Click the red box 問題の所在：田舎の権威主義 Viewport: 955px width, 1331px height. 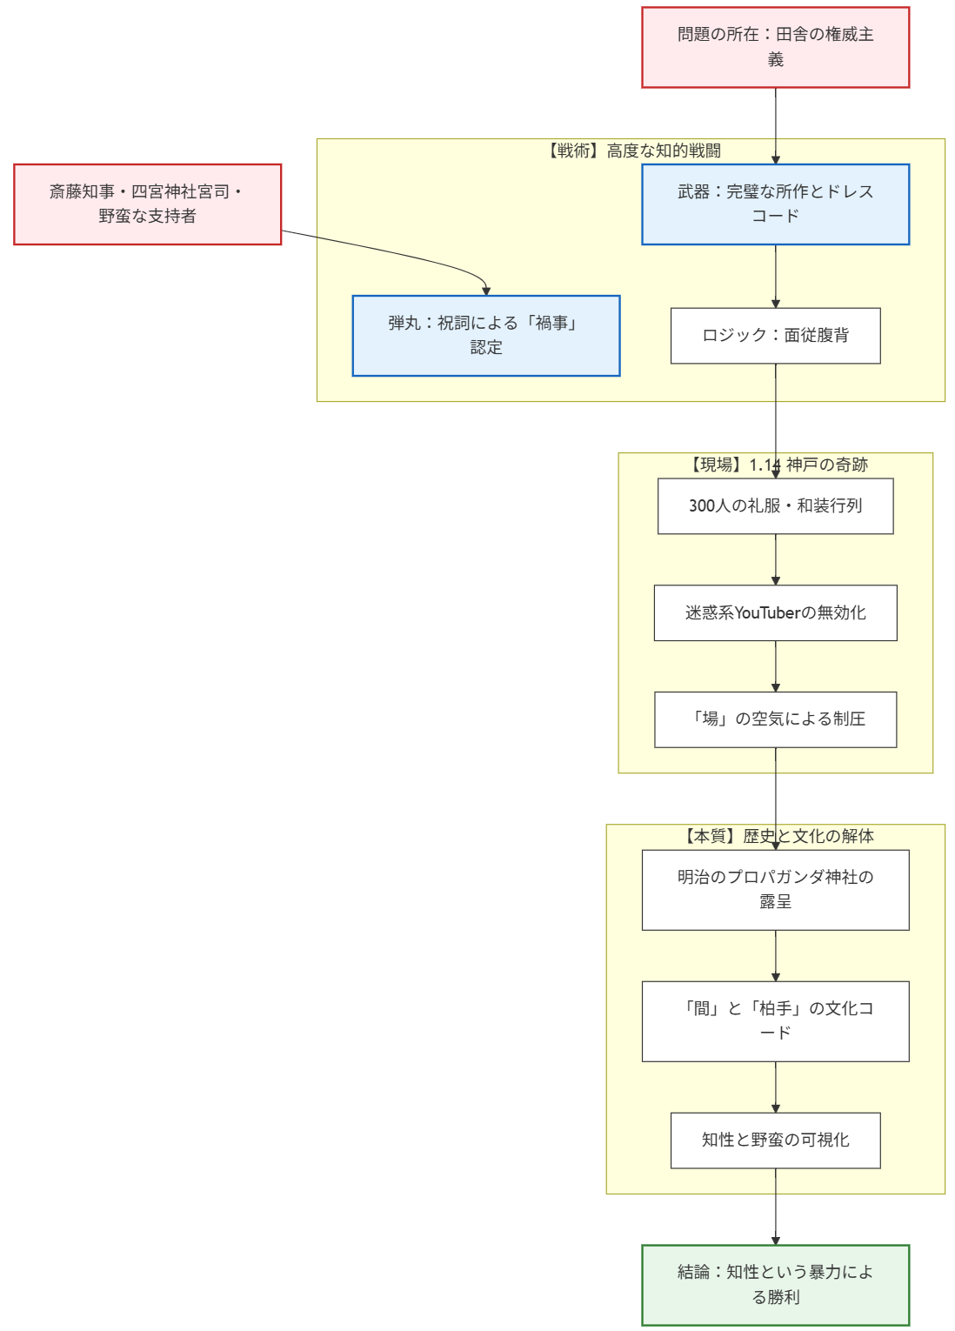pyautogui.click(x=775, y=47)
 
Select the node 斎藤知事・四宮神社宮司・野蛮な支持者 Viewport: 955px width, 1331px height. pyautogui.click(x=147, y=204)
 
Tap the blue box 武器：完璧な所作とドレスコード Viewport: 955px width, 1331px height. pyautogui.click(x=775, y=204)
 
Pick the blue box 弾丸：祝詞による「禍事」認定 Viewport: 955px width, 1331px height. pyautogui.click(x=485, y=335)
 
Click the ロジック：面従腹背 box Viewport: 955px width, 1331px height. pyautogui.click(x=775, y=335)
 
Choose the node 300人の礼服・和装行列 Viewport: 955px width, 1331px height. pyautogui.click(x=775, y=505)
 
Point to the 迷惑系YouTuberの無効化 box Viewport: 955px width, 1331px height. pyautogui.click(x=775, y=612)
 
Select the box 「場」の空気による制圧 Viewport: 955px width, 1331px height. pyautogui.click(x=775, y=719)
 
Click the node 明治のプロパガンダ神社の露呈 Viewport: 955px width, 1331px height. pyautogui.click(x=775, y=889)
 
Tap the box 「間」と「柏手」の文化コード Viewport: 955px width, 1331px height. pyautogui.click(x=775, y=1020)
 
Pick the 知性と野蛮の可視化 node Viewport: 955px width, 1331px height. pyautogui.click(x=775, y=1140)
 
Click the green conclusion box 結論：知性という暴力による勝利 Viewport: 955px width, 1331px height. pyautogui.click(x=775, y=1284)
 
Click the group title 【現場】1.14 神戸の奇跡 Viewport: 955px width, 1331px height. pyautogui.click(x=776, y=465)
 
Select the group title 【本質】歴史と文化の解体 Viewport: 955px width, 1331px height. pyautogui.click(x=776, y=836)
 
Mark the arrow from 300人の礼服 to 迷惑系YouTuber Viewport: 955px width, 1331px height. pyautogui.click(x=776, y=558)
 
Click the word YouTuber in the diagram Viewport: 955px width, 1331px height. pyautogui.click(x=767, y=612)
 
